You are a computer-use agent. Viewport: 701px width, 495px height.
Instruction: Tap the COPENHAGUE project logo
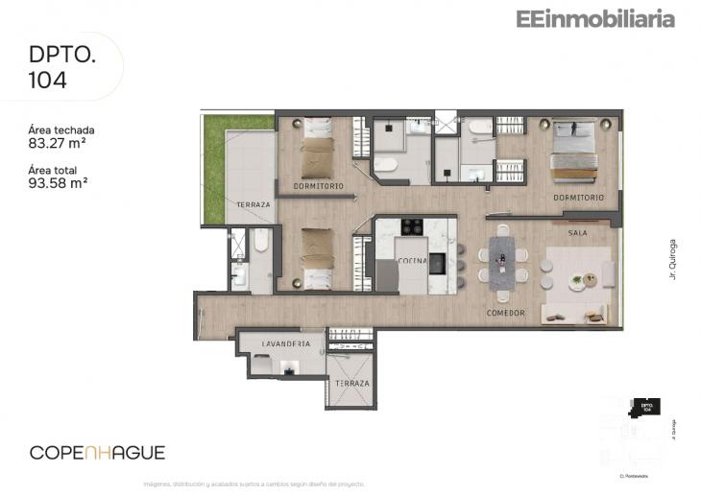coord(97,452)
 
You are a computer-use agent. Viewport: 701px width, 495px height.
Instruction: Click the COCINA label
coord(414,261)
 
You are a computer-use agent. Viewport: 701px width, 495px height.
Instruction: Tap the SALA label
coord(577,233)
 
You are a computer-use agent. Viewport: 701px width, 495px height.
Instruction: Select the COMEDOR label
coord(505,313)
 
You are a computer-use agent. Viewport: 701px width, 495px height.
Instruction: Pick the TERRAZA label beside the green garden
coord(254,205)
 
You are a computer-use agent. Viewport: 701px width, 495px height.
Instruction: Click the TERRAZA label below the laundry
coord(351,383)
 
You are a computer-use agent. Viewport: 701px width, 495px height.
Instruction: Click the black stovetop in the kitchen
coord(412,227)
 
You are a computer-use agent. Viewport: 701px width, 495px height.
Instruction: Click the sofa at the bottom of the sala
coord(573,313)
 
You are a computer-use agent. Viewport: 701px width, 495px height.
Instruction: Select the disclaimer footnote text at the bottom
coord(254,483)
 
